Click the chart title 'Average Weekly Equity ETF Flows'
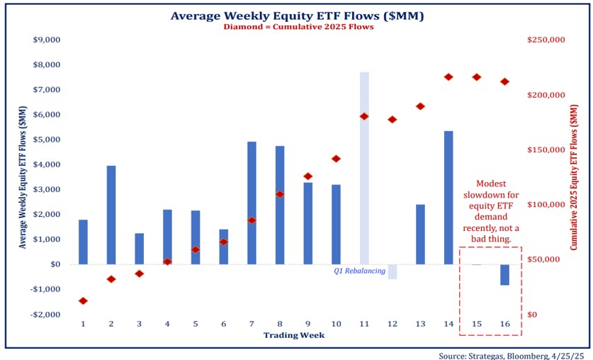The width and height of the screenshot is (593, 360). [x=296, y=16]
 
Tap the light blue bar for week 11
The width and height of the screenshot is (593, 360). [x=364, y=168]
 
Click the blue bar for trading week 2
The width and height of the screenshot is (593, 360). [x=111, y=215]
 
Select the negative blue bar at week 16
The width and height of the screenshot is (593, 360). [x=504, y=274]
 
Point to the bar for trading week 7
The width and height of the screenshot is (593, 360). [x=252, y=203]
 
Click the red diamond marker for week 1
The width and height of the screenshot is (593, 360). [x=83, y=301]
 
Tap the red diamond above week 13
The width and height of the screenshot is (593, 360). [x=420, y=106]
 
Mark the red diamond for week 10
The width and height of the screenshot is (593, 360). [x=336, y=159]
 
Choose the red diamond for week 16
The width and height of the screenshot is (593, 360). [x=504, y=81]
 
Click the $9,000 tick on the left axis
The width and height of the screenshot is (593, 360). [x=47, y=40]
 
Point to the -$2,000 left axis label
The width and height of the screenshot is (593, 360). [x=47, y=314]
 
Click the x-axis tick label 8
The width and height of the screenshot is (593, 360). [x=280, y=323]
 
